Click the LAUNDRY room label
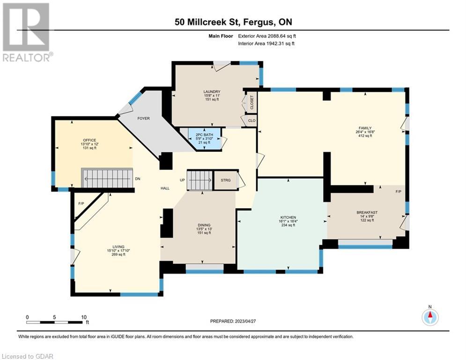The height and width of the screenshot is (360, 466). point(212,91)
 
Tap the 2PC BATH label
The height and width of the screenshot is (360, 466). point(205,135)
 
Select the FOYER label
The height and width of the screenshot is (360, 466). point(143,119)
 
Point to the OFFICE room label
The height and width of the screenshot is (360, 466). point(89,140)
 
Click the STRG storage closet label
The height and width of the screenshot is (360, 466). point(226,180)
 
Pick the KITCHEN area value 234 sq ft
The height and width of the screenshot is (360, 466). point(288,225)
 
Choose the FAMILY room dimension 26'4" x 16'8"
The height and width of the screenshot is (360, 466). point(365,132)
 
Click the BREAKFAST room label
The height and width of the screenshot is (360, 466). point(367,212)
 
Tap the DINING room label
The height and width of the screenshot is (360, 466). point(204,225)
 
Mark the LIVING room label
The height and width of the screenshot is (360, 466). point(118,247)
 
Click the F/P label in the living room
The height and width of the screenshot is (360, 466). point(81,203)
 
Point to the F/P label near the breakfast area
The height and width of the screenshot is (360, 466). point(399,192)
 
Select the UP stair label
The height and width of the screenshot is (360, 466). point(183,180)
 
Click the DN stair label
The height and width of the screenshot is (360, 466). point(138,179)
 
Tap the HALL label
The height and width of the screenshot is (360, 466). point(165,188)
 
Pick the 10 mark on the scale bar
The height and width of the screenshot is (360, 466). point(84,317)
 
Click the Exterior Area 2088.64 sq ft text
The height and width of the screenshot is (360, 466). point(267,36)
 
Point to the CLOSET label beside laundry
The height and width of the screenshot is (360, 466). point(252,102)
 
